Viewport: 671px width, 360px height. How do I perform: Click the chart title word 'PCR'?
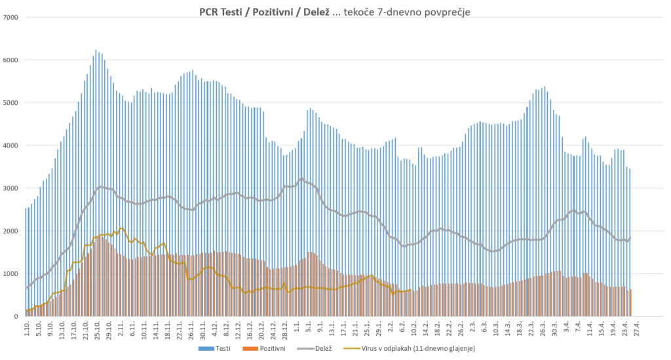pyautogui.click(x=210, y=12)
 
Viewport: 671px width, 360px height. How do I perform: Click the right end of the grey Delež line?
pyautogui.click(x=630, y=239)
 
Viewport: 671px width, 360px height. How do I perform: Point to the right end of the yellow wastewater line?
pyautogui.click(x=410, y=290)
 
